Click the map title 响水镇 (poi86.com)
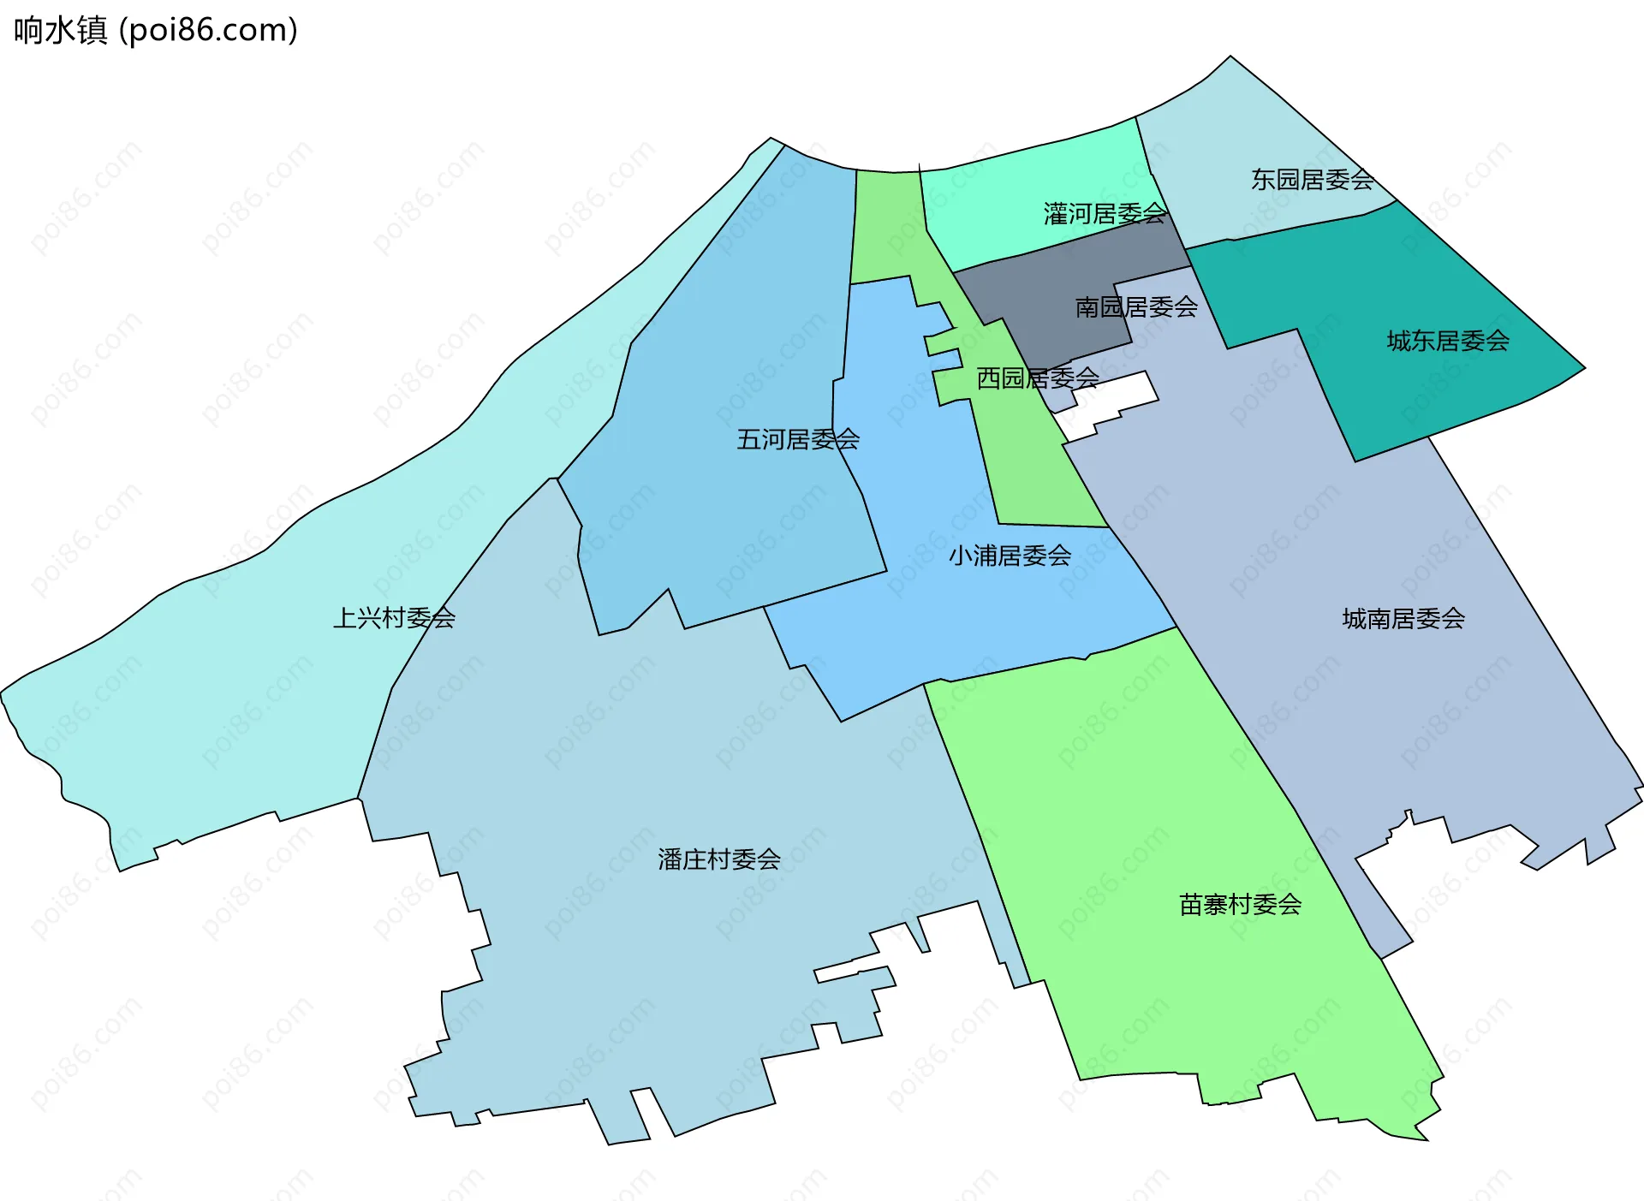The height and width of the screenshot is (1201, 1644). pyautogui.click(x=156, y=31)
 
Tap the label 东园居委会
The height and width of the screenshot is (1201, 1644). pyautogui.click(x=1312, y=180)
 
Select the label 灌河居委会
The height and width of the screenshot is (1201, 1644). pyautogui.click(x=1105, y=214)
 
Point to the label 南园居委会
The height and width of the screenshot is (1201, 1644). pyautogui.click(x=1136, y=307)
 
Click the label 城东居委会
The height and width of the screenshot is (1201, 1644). pyautogui.click(x=1448, y=342)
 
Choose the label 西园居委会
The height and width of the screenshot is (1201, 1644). pyautogui.click(x=1038, y=378)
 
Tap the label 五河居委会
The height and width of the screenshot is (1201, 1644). pyautogui.click(x=798, y=440)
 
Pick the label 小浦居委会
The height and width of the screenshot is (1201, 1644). pyautogui.click(x=1010, y=556)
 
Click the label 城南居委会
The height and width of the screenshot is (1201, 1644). pyautogui.click(x=1403, y=619)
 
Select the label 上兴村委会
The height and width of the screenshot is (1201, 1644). pyautogui.click(x=394, y=618)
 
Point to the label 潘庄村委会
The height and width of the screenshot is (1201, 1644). pyautogui.click(x=719, y=859)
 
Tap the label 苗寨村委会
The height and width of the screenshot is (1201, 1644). pyautogui.click(x=1241, y=905)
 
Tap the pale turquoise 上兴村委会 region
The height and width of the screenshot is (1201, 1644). pyautogui.click(x=214, y=685)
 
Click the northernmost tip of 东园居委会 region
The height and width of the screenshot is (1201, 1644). pyautogui.click(x=1230, y=57)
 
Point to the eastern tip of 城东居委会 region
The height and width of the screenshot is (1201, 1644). pyautogui.click(x=1584, y=368)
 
